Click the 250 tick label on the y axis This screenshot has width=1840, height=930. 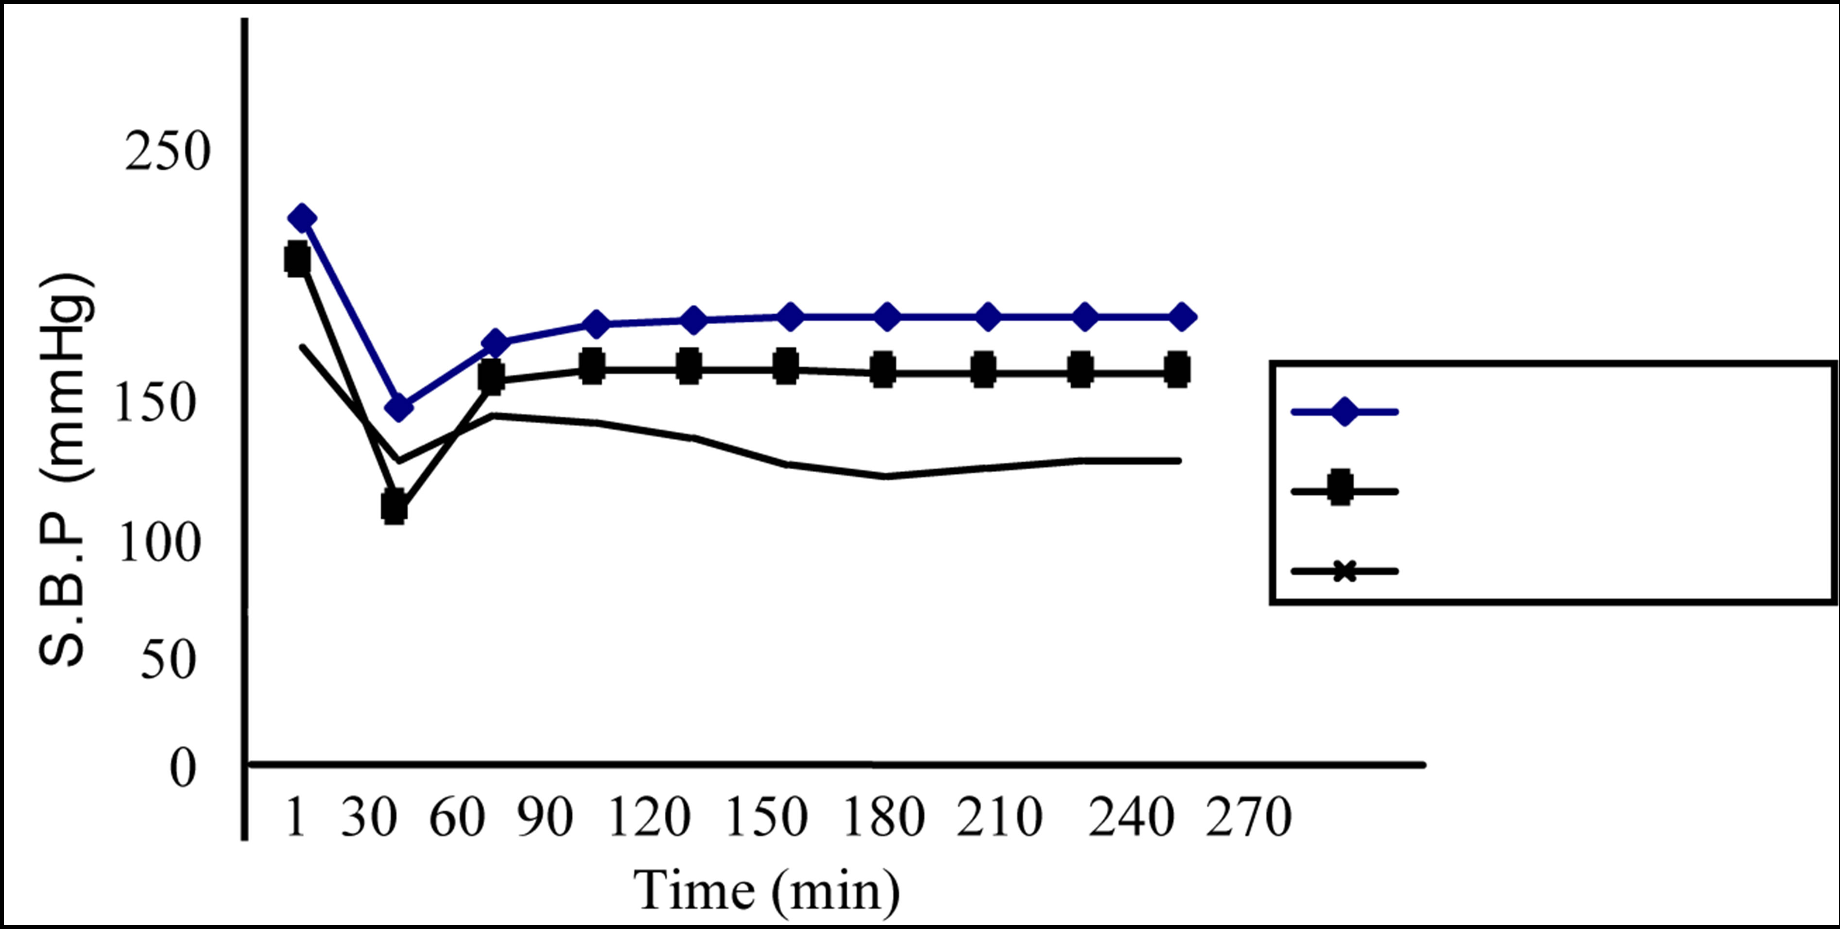(x=168, y=152)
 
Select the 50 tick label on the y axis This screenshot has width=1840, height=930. (x=169, y=659)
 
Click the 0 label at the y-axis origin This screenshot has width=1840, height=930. (x=182, y=769)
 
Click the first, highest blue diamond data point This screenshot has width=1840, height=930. (x=301, y=217)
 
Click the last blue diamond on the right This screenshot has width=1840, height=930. (x=1182, y=316)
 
